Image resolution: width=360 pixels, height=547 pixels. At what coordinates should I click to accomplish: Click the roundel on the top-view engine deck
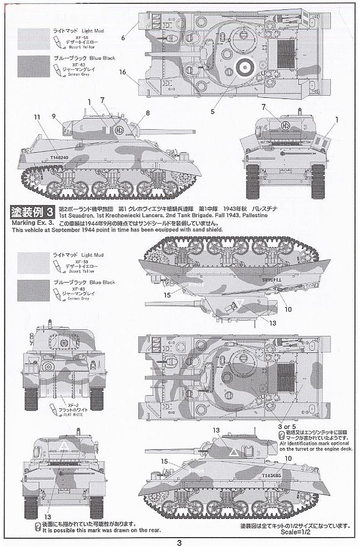pos(242,67)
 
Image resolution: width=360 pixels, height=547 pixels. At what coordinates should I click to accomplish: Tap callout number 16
pos(123,71)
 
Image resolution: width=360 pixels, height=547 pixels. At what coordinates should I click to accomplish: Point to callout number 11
pos(37,117)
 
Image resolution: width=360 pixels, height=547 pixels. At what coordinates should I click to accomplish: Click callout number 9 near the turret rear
pos(53,115)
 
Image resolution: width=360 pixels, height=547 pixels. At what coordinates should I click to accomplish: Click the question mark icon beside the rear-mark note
pos(37,525)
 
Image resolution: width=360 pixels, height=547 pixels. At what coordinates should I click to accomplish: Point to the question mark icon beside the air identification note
pos(273,434)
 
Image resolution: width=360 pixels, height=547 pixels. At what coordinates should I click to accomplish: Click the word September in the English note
pos(91,229)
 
